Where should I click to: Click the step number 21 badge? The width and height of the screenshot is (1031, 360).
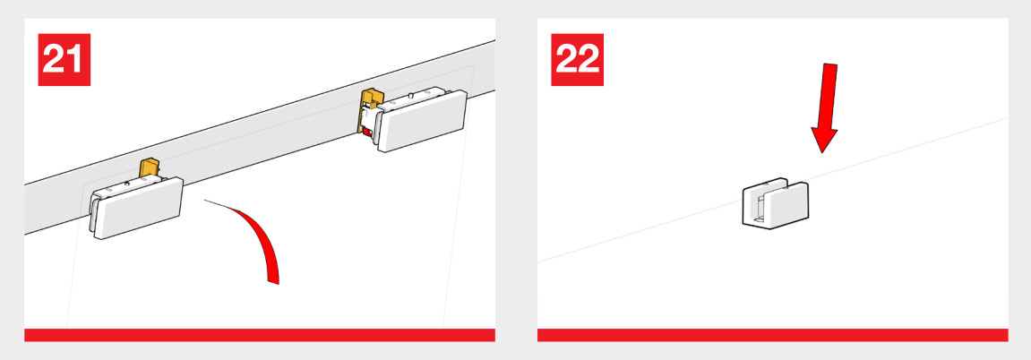point(64,60)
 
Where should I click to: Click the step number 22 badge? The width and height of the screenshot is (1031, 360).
point(578,60)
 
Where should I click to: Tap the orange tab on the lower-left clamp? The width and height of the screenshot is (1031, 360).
point(150,168)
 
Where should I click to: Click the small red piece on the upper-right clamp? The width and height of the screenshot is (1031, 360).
point(367,133)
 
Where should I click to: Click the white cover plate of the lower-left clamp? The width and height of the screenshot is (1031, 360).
point(139,209)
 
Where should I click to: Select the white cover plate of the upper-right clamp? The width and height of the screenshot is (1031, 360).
point(423,122)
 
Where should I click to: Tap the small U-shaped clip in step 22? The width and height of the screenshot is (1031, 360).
point(776,203)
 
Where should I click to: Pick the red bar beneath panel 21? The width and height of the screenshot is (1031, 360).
point(260,335)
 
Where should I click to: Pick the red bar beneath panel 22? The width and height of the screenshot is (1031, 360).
point(773,335)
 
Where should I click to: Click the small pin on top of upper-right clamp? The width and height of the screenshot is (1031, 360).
point(411,96)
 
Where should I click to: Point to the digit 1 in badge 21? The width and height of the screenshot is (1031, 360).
point(76,60)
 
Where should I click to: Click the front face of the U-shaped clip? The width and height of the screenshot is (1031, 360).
point(787,206)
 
